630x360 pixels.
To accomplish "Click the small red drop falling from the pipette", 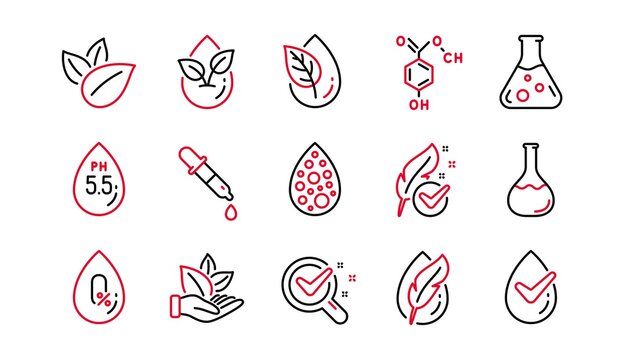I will coord(231,213).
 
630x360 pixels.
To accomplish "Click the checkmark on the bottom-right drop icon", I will coord(530,295).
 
